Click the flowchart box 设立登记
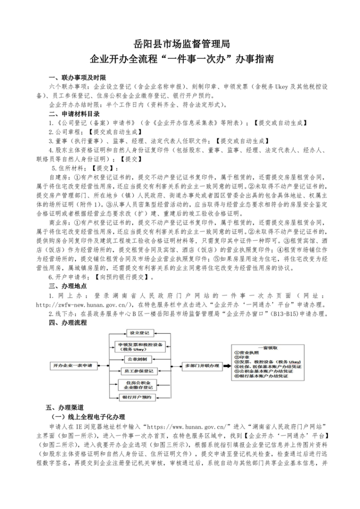[x=139, y=332]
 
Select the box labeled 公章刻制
[x=139, y=359]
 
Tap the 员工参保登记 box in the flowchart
[x=139, y=371]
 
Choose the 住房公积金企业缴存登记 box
[x=139, y=384]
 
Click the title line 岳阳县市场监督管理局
[x=180, y=44]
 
